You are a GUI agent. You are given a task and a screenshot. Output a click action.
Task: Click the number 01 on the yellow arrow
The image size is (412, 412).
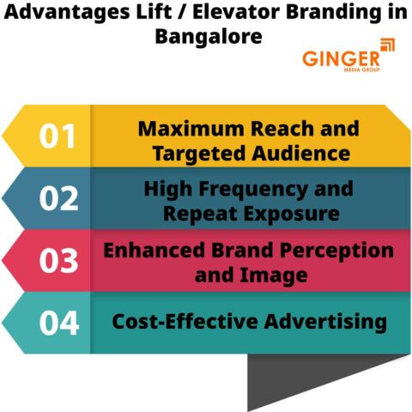[58, 136]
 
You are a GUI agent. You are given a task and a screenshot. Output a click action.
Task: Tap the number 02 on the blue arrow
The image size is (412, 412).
[58, 198]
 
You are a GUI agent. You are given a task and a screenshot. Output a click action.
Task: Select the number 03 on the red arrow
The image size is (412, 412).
[58, 261]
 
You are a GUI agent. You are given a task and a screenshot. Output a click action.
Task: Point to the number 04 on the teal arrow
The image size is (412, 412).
[58, 324]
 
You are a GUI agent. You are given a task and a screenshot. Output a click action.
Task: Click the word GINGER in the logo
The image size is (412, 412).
[341, 58]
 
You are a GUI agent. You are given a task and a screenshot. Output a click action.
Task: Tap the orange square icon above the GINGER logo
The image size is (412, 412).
[387, 45]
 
